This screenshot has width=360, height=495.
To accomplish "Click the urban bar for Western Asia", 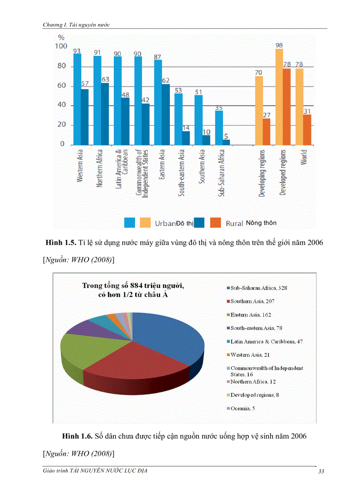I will point(77,99).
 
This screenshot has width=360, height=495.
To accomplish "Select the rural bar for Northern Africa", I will point(105,114).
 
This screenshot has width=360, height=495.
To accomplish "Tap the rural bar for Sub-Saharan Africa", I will point(226,142).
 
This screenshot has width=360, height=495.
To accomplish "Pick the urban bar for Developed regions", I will point(279,97).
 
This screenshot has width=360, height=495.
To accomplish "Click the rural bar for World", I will point(307,130).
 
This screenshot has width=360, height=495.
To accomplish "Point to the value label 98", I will point(279,45).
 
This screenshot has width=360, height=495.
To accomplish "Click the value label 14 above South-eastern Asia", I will point(186,127).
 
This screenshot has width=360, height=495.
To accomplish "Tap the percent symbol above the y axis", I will point(56,37).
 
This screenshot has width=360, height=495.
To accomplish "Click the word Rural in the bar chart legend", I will point(234,223).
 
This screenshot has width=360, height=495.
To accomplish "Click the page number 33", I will point(321,472).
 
